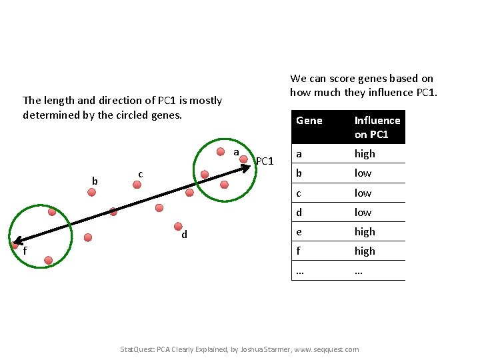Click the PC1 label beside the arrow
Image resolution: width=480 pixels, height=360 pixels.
[x=265, y=161]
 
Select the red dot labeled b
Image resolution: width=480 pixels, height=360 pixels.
[x=91, y=192]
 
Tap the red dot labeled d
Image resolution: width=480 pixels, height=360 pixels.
[x=178, y=226]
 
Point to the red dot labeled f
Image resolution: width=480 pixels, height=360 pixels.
[x=14, y=245]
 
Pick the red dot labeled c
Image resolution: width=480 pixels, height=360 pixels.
[x=137, y=185]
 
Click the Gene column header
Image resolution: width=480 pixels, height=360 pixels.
[x=309, y=121]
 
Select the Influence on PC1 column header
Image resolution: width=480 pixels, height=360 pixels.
[x=377, y=127]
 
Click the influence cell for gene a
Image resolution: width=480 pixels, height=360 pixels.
[x=365, y=154]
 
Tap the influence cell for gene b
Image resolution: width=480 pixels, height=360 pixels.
[x=363, y=173]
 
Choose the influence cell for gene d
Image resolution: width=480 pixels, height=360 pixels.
[x=363, y=213]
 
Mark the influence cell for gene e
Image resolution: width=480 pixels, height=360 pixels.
[x=365, y=232]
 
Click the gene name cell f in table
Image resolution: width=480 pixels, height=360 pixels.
[x=299, y=251]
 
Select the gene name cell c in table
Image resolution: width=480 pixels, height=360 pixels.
[x=299, y=193]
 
